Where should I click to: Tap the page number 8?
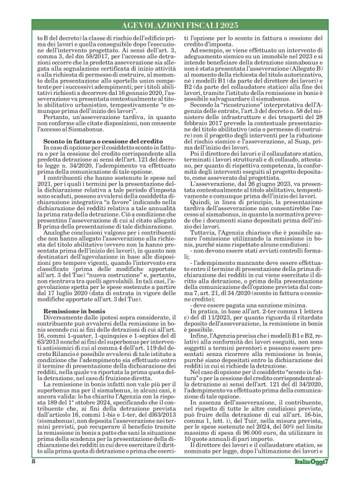(x=33, y=479)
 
